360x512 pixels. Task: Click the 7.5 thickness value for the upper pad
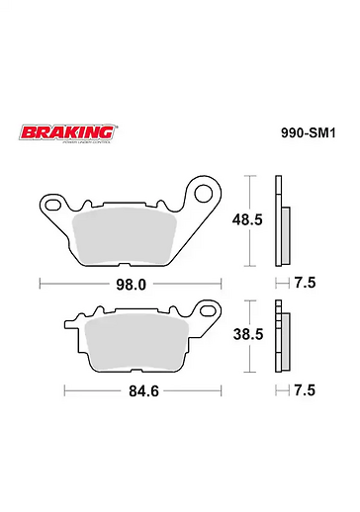pyautogui.click(x=306, y=283)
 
